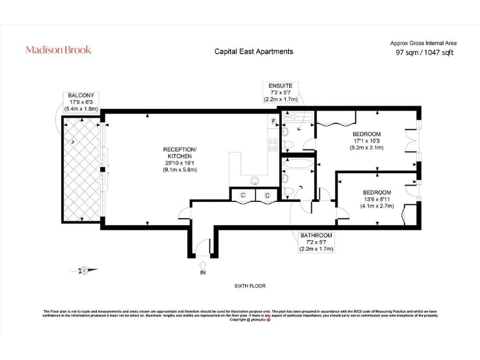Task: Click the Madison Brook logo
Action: click(58, 49)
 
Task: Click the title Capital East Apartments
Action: click(253, 51)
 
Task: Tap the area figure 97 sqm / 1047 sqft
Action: click(424, 52)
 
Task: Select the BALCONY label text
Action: click(81, 95)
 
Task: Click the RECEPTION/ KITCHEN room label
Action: click(180, 152)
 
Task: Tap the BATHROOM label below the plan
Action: click(316, 235)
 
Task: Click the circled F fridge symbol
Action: click(273, 120)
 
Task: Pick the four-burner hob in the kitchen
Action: click(272, 145)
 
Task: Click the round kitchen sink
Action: click(255, 181)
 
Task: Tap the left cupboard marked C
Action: click(242, 196)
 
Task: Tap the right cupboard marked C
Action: click(266, 196)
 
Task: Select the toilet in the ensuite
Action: click(285, 132)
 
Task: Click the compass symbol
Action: click(85, 270)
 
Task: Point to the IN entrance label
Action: click(202, 272)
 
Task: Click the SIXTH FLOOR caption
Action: click(250, 286)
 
